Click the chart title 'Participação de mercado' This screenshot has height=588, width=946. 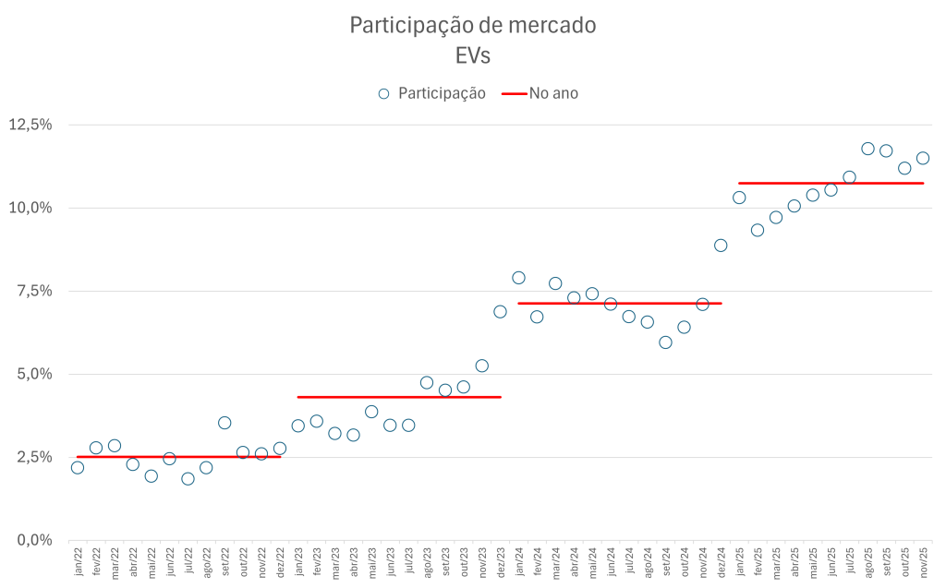472,25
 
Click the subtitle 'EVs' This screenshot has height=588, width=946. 472,55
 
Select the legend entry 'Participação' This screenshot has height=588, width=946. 442,93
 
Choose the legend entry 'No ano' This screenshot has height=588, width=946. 552,93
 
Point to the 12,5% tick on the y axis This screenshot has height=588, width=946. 30,125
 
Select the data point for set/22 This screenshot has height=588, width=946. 224,423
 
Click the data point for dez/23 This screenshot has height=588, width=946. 500,311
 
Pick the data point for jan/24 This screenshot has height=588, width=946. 518,278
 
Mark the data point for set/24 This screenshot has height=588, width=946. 665,342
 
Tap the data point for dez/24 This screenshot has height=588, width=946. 721,246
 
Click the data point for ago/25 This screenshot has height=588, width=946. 867,149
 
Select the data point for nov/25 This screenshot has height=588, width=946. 922,158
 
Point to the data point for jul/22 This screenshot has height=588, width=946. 188,478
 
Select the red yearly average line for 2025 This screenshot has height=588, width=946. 831,184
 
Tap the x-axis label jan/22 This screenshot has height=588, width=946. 78,563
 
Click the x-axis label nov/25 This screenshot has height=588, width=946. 922,563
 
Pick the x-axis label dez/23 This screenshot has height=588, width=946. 500,563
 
